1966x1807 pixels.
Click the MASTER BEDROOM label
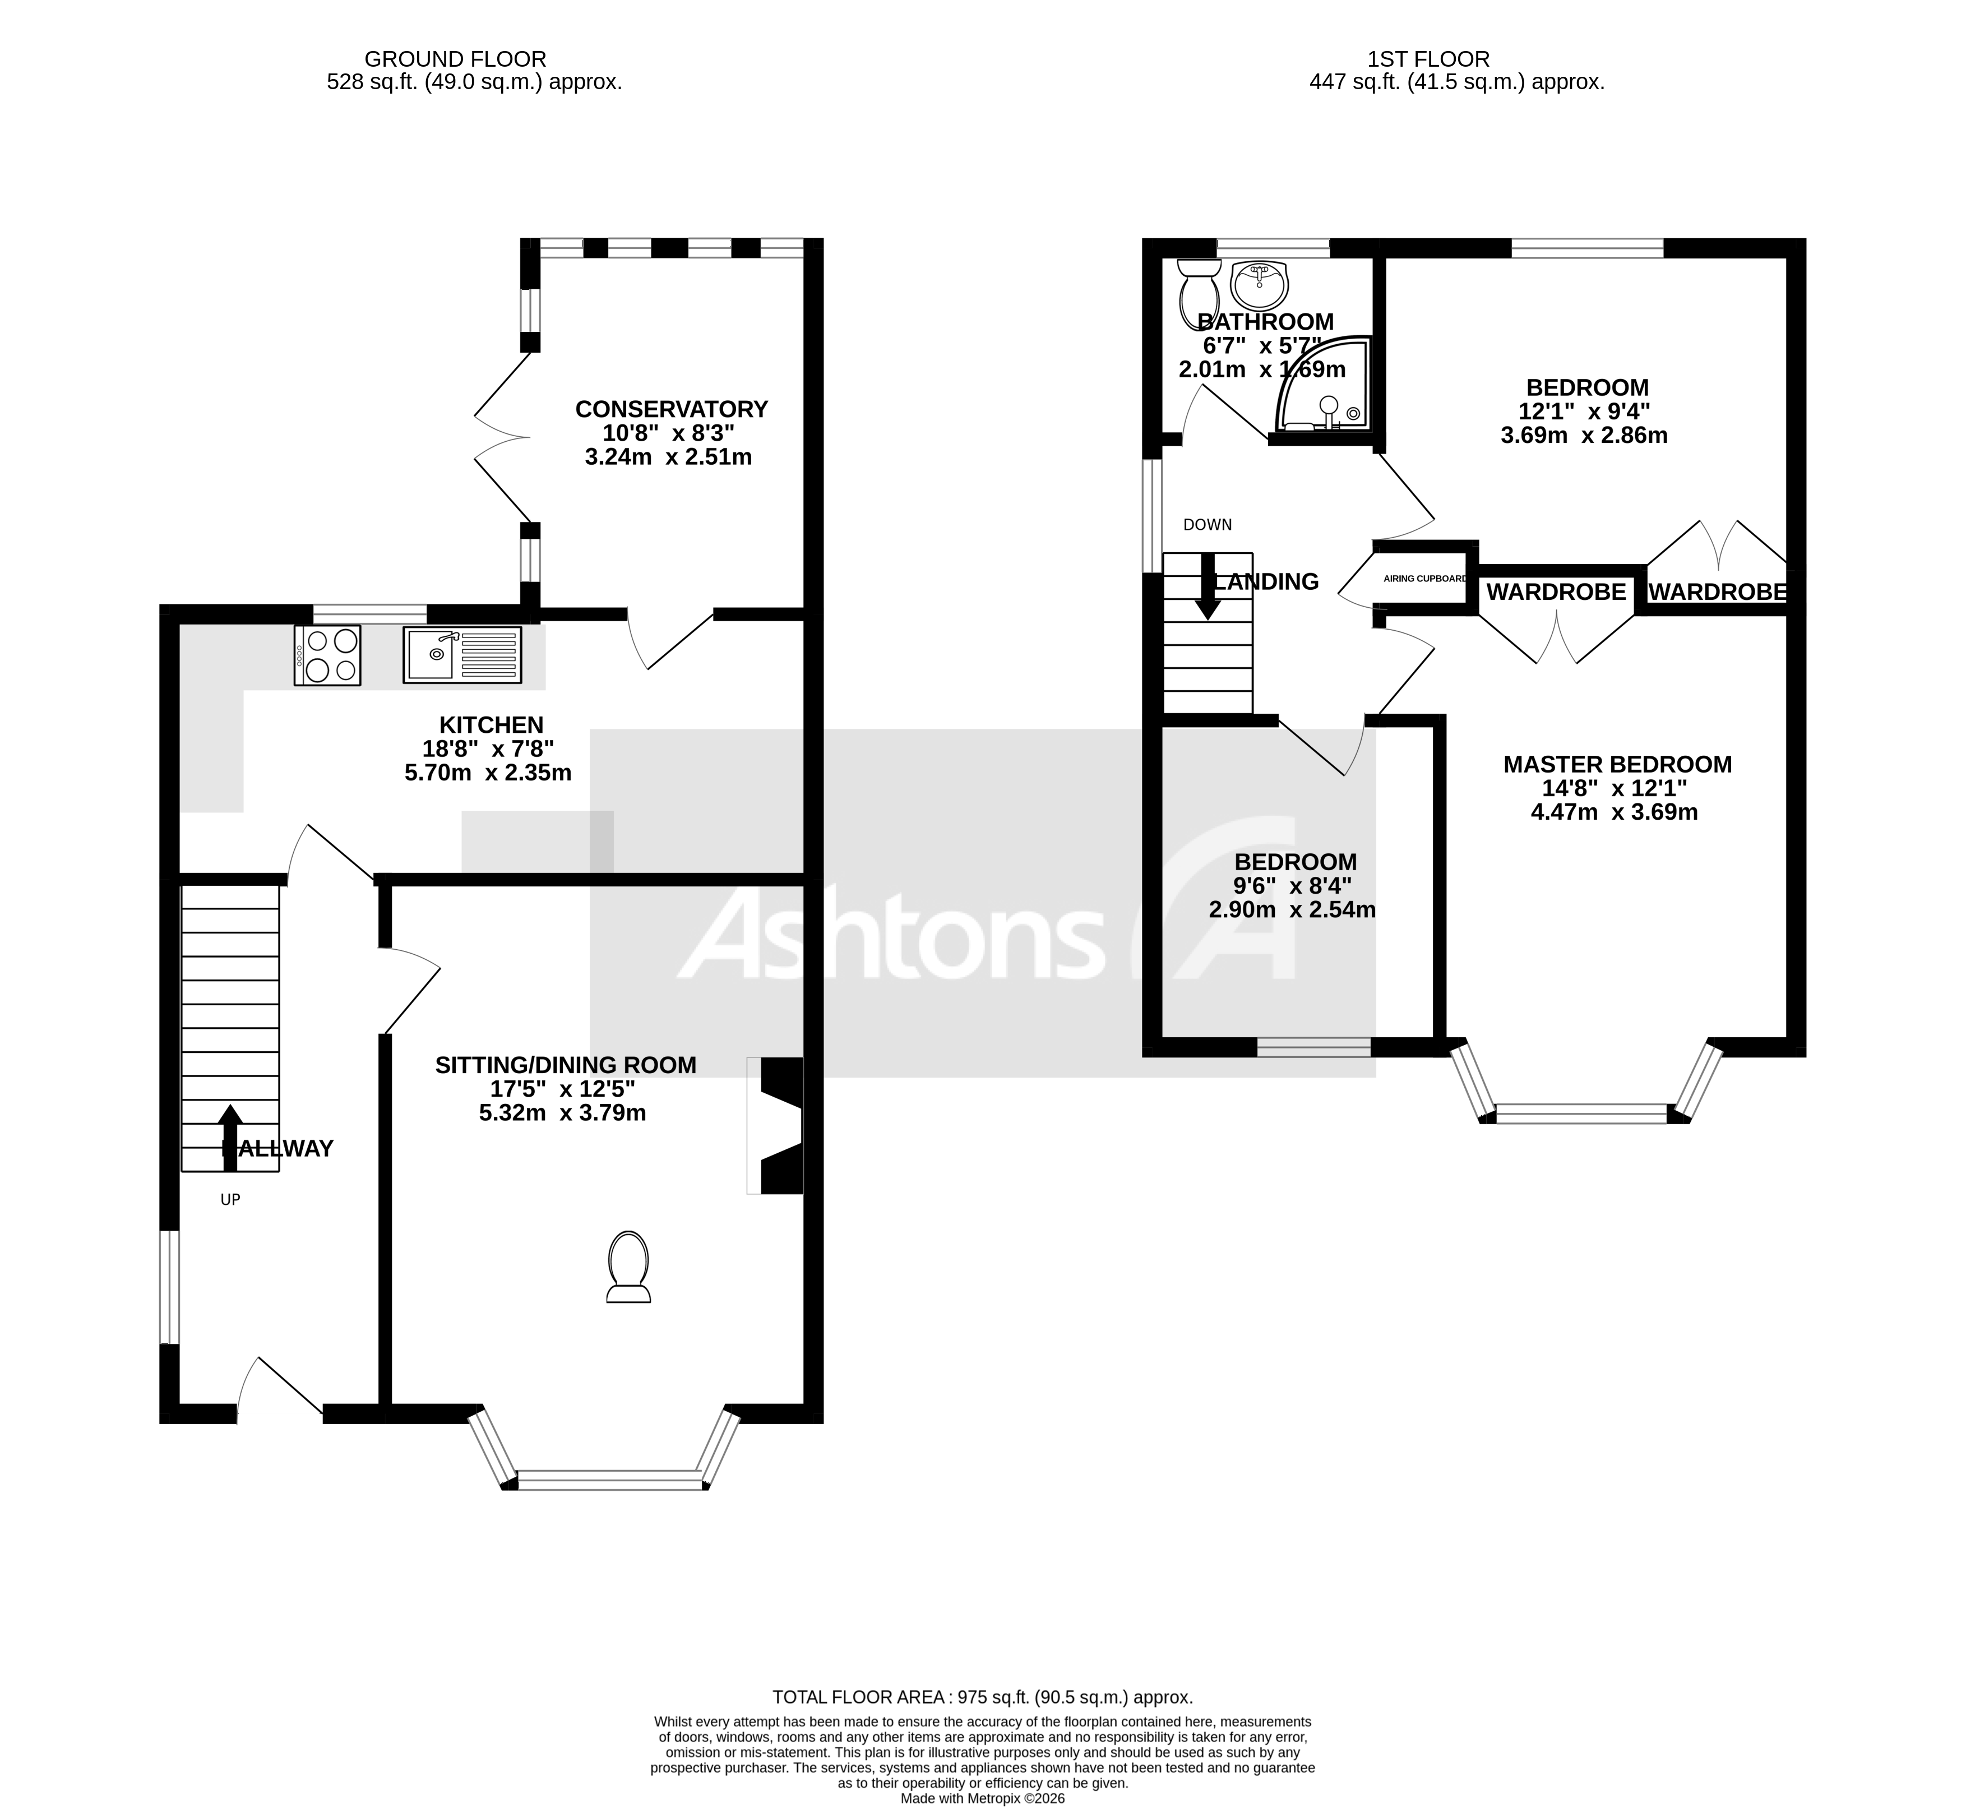(x=1617, y=765)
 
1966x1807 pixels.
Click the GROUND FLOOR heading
(x=456, y=59)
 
